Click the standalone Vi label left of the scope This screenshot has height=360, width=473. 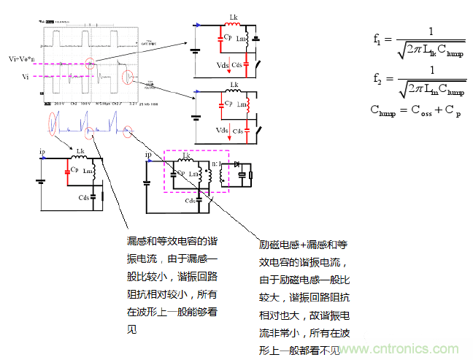point(25,76)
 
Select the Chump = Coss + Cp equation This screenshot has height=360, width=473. point(416,110)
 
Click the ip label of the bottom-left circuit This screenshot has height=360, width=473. point(42,153)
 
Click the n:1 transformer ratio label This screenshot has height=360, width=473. point(215,162)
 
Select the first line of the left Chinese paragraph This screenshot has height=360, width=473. point(171,241)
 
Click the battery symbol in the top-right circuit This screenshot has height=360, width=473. point(195,50)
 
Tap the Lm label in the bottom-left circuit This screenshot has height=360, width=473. point(88,171)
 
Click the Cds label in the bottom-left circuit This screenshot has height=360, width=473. point(85,197)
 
